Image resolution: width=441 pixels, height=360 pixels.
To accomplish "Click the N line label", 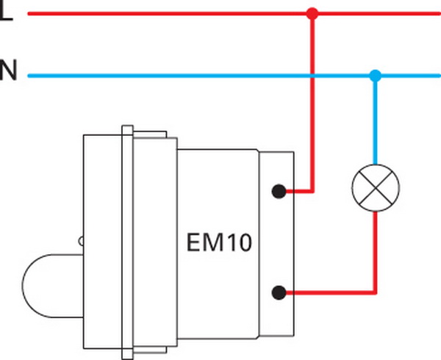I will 7,73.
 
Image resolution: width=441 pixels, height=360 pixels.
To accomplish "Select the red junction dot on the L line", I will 312,12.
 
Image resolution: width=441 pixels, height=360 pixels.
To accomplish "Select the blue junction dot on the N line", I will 376,75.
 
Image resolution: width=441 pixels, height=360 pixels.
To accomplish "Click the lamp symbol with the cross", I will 376,188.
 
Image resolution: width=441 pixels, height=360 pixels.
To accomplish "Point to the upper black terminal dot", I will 279,192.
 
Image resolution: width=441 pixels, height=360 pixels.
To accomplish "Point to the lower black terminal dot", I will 279,293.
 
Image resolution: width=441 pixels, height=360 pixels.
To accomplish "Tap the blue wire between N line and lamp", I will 376,121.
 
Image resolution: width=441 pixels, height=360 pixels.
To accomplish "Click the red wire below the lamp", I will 376,250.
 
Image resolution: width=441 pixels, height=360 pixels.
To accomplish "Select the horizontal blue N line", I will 184,75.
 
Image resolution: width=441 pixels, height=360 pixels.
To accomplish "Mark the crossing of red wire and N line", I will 312,75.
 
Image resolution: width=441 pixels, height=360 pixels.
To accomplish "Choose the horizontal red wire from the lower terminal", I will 331,293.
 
